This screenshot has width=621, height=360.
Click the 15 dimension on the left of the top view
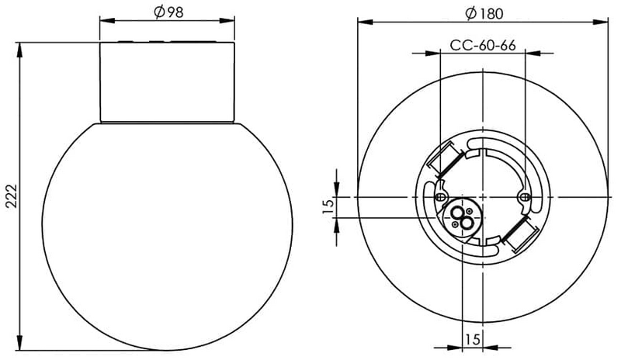328,206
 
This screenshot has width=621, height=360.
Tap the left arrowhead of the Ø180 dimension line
359,22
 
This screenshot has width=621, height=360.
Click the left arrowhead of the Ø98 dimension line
104,22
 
